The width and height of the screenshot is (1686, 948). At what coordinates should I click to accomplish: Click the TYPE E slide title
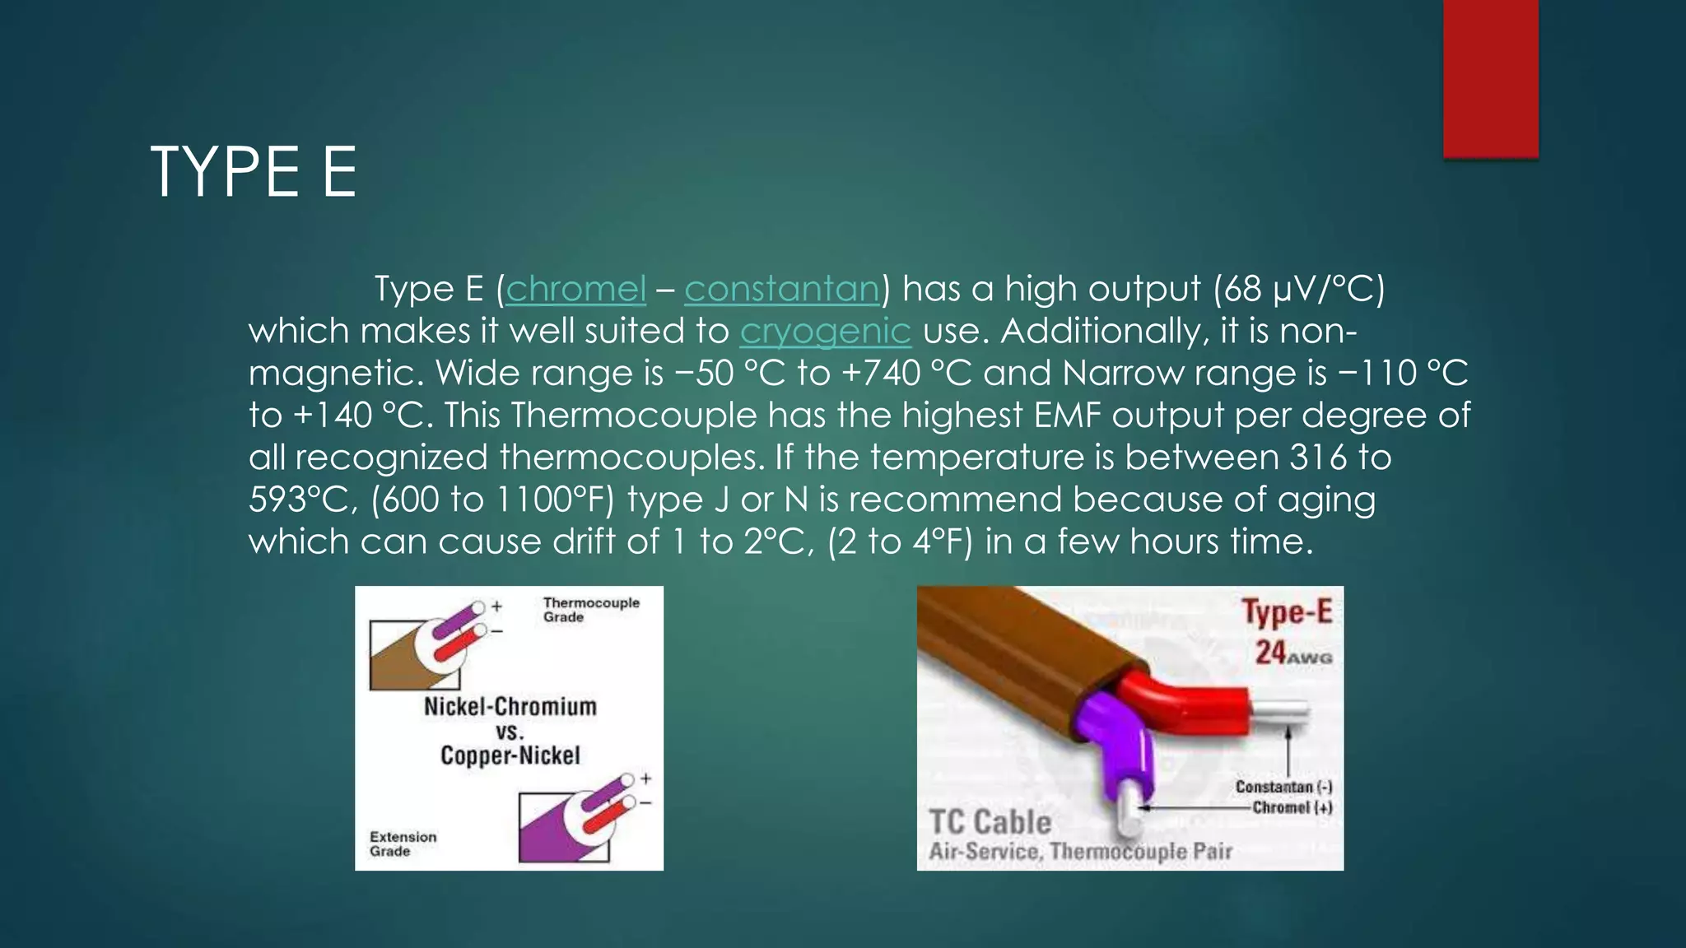pyautogui.click(x=254, y=172)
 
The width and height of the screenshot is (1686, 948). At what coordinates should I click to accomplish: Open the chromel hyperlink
pyautogui.click(x=575, y=289)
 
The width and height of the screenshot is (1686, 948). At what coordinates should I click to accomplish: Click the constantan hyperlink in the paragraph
pyautogui.click(x=782, y=289)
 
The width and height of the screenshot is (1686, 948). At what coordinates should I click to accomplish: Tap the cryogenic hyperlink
pyautogui.click(x=825, y=331)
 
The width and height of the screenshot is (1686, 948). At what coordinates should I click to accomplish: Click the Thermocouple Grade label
pyautogui.click(x=590, y=610)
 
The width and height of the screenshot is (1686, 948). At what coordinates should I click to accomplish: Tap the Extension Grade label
pyautogui.click(x=403, y=843)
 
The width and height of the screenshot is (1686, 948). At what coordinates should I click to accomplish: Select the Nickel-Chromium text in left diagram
pyautogui.click(x=510, y=706)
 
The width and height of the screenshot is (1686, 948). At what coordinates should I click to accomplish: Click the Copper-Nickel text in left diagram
pyautogui.click(x=510, y=755)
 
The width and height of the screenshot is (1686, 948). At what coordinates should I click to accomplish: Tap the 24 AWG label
pyautogui.click(x=1292, y=653)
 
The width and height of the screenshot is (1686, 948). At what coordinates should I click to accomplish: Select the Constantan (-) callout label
pyautogui.click(x=1283, y=787)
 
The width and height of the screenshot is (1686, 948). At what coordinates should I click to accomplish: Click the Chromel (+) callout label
pyautogui.click(x=1291, y=807)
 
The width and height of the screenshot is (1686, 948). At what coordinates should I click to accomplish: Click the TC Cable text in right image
pyautogui.click(x=990, y=822)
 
